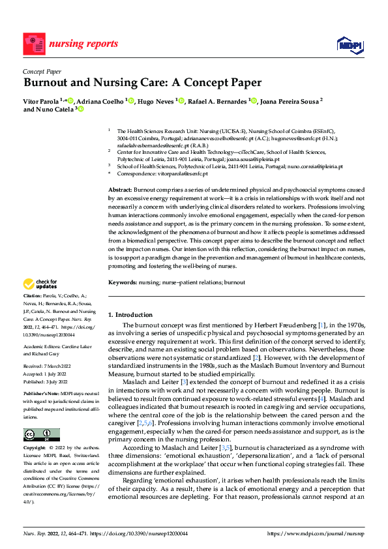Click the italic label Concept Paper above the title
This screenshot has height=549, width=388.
pos(42,71)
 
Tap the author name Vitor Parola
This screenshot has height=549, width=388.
pos(41,102)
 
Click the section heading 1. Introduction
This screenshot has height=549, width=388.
pos(130,314)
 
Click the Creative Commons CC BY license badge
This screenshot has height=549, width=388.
pos(41,435)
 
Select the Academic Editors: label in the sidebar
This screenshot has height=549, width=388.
pos(42,347)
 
